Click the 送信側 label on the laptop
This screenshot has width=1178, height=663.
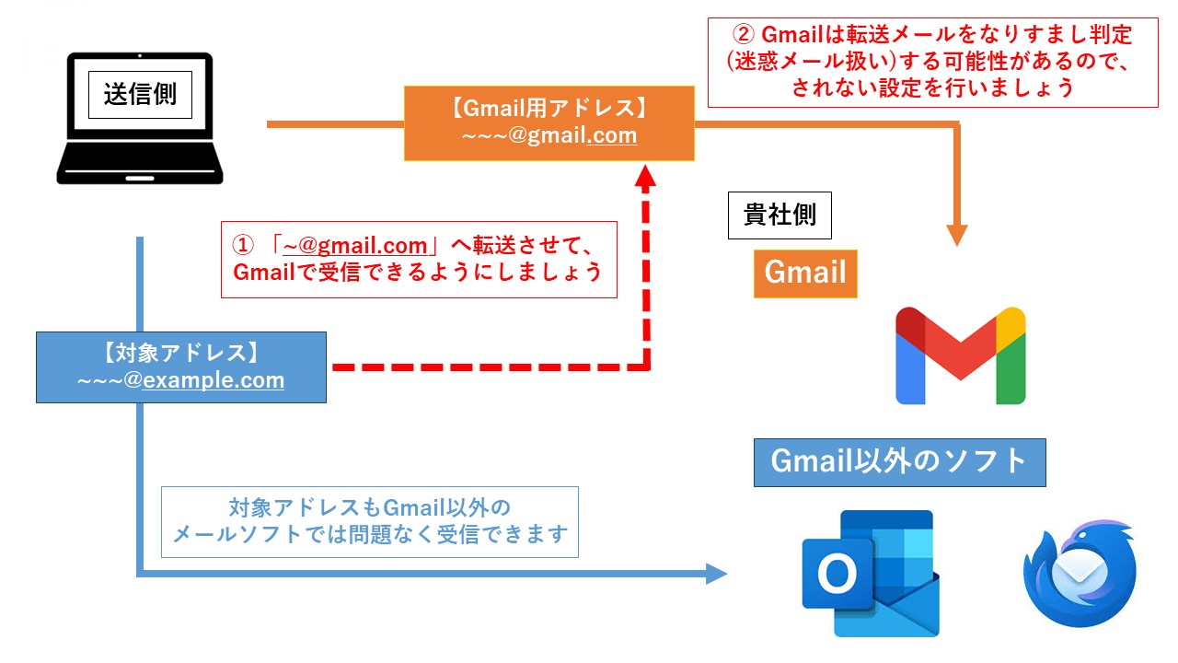tap(140, 96)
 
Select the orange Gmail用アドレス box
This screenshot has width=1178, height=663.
tap(549, 122)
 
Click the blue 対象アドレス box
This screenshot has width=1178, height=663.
tap(180, 366)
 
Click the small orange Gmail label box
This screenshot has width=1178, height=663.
tap(805, 273)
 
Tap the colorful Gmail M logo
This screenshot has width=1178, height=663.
tap(960, 355)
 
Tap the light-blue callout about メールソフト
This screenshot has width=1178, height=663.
tap(369, 521)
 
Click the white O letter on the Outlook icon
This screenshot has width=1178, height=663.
tap(836, 576)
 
